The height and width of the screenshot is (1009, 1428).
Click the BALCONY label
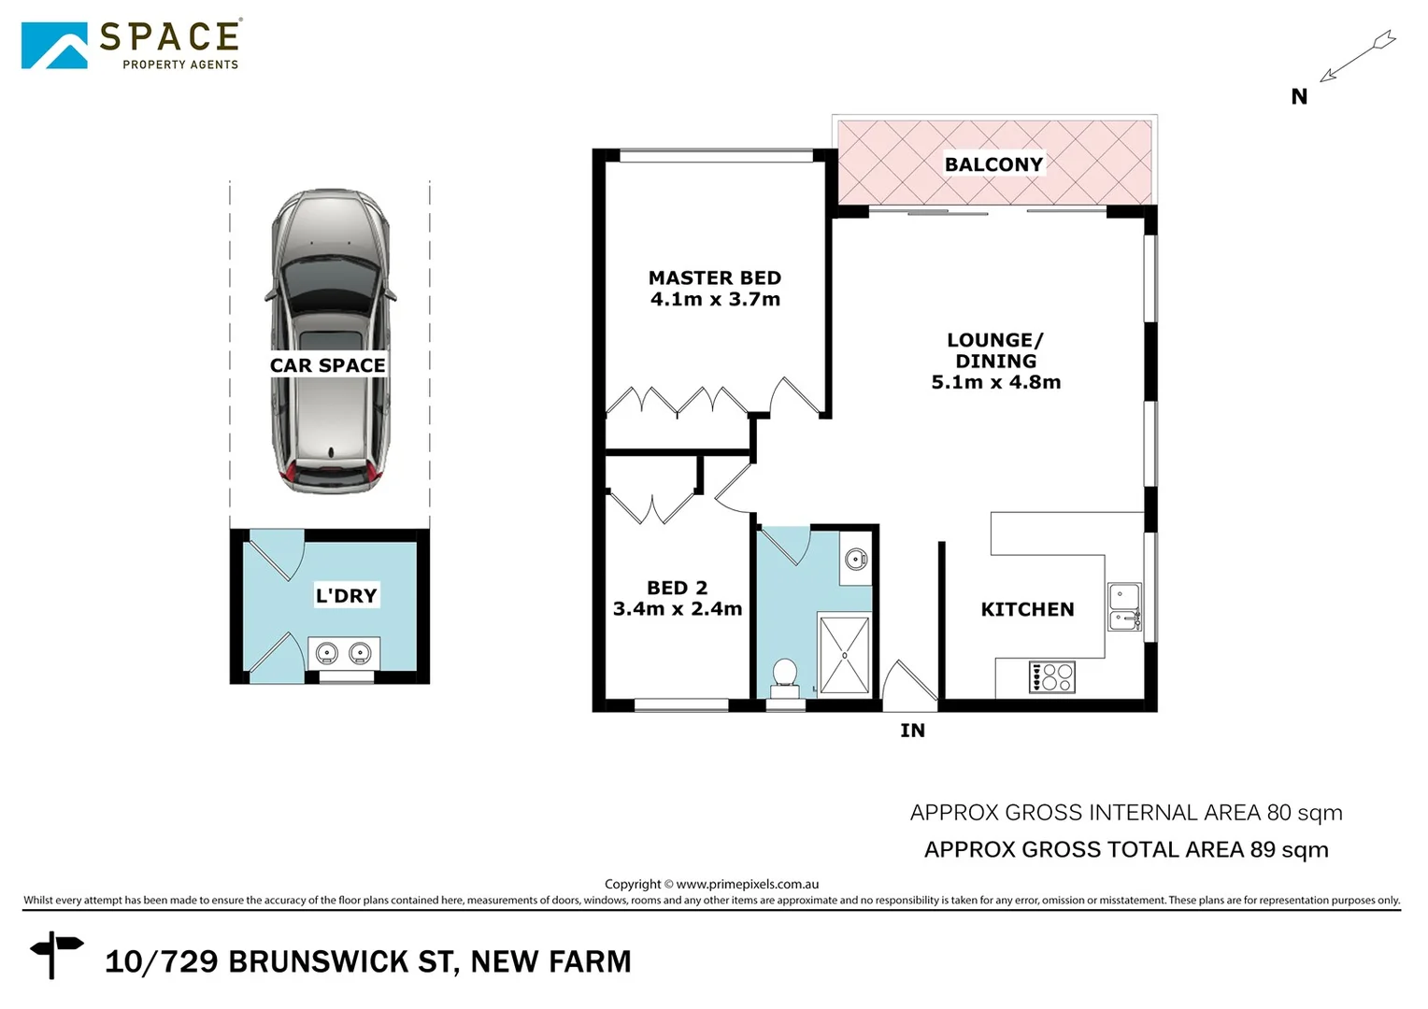(993, 164)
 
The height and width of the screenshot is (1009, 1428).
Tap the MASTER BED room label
(714, 277)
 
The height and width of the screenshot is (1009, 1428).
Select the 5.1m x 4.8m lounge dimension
(995, 382)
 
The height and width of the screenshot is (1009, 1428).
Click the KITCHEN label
(1027, 609)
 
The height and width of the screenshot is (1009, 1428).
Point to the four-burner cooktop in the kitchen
(1052, 676)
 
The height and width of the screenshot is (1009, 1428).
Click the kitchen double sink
(1124, 607)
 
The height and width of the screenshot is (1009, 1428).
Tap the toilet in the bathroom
(784, 675)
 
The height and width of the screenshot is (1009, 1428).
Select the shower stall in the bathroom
(844, 654)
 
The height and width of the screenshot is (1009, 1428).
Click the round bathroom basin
(855, 560)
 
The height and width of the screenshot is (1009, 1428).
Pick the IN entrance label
(912, 731)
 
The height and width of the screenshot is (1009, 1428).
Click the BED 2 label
(677, 588)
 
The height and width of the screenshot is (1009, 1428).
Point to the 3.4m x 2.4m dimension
(677, 609)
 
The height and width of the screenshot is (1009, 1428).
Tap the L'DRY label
(346, 595)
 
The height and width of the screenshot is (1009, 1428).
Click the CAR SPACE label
(327, 365)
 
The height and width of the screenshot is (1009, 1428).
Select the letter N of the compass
(1299, 96)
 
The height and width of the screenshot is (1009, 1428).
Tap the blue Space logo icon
(54, 46)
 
